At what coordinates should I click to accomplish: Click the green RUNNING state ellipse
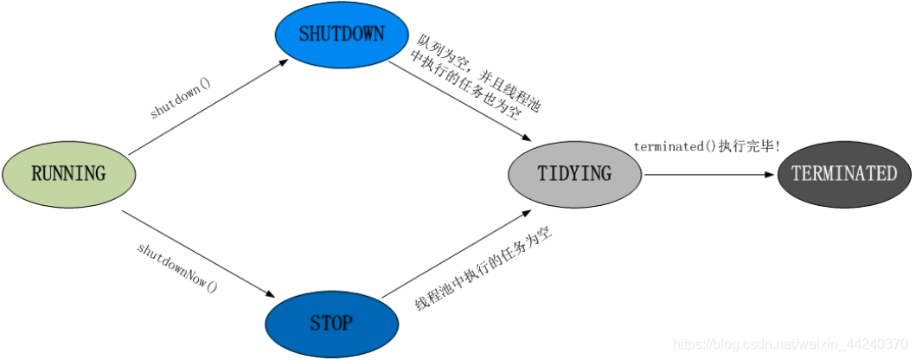tap(68, 174)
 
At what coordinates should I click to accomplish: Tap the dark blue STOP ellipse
tap(331, 324)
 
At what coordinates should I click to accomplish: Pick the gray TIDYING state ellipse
tap(574, 174)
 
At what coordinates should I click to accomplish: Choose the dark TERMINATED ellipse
tap(844, 174)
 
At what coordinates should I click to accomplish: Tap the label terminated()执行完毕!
tap(707, 147)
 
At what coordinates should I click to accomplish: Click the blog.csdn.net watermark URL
tap(791, 344)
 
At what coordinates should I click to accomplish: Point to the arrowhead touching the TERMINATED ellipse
tap(769, 174)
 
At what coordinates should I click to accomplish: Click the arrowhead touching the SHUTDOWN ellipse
tap(285, 62)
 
